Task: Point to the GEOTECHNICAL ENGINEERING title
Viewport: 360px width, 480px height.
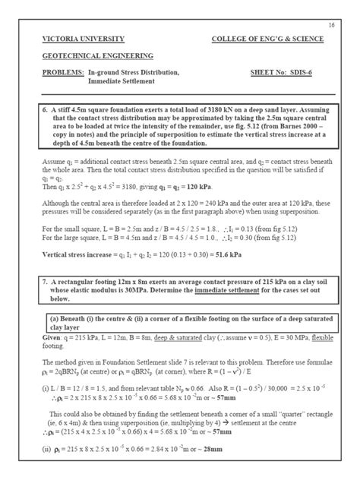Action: tap(97, 55)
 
